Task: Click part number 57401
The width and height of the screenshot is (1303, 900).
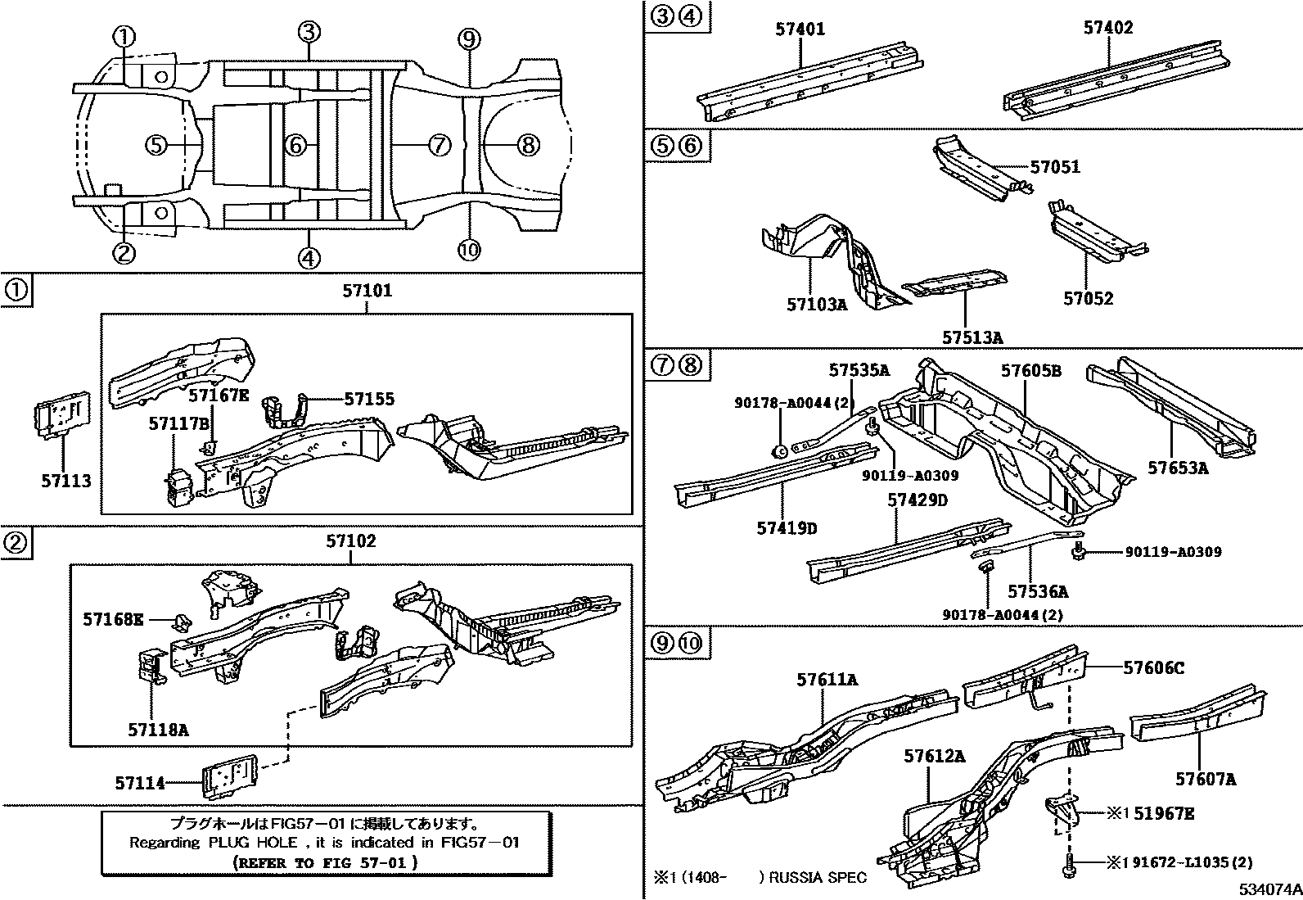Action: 800,29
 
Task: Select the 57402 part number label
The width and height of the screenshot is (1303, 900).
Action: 1108,28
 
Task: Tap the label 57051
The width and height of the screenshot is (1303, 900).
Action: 1055,167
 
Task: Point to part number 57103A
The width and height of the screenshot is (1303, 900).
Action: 817,305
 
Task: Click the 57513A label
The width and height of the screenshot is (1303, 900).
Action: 972,337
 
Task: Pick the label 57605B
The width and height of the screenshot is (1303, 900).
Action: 1031,371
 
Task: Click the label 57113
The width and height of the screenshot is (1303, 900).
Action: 66,481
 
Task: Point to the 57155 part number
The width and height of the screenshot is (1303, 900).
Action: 369,399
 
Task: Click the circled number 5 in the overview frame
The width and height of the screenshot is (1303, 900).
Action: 156,145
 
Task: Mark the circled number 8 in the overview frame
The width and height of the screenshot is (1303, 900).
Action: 528,145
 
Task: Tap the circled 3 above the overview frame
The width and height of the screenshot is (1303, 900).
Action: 308,32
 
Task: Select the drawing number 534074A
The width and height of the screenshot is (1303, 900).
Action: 1268,889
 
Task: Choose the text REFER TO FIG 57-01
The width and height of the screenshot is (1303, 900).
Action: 325,862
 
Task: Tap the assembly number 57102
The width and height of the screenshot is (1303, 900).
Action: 351,541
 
